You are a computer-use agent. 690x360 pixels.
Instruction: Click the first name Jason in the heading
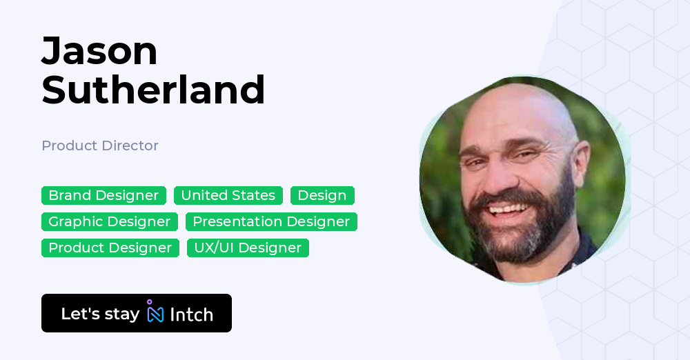point(99,51)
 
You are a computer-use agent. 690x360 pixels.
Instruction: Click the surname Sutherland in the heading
point(153,90)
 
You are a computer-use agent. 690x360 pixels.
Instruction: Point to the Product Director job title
point(100,146)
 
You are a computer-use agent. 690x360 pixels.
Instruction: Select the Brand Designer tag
point(103,195)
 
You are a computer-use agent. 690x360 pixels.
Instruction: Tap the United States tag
point(228,195)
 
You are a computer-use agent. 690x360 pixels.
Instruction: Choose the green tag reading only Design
point(322,195)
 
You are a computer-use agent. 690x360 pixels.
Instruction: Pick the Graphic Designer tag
point(109,221)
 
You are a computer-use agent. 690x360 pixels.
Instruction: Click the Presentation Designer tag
point(271,221)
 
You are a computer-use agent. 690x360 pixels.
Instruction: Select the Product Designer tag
point(110,248)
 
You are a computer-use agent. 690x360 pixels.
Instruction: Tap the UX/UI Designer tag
point(248,248)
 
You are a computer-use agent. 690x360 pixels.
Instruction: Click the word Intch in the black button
point(191,314)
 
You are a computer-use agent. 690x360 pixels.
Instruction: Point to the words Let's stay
point(100,314)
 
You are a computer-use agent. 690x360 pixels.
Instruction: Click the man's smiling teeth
point(509,208)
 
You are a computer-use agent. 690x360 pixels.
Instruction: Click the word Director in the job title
point(130,146)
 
